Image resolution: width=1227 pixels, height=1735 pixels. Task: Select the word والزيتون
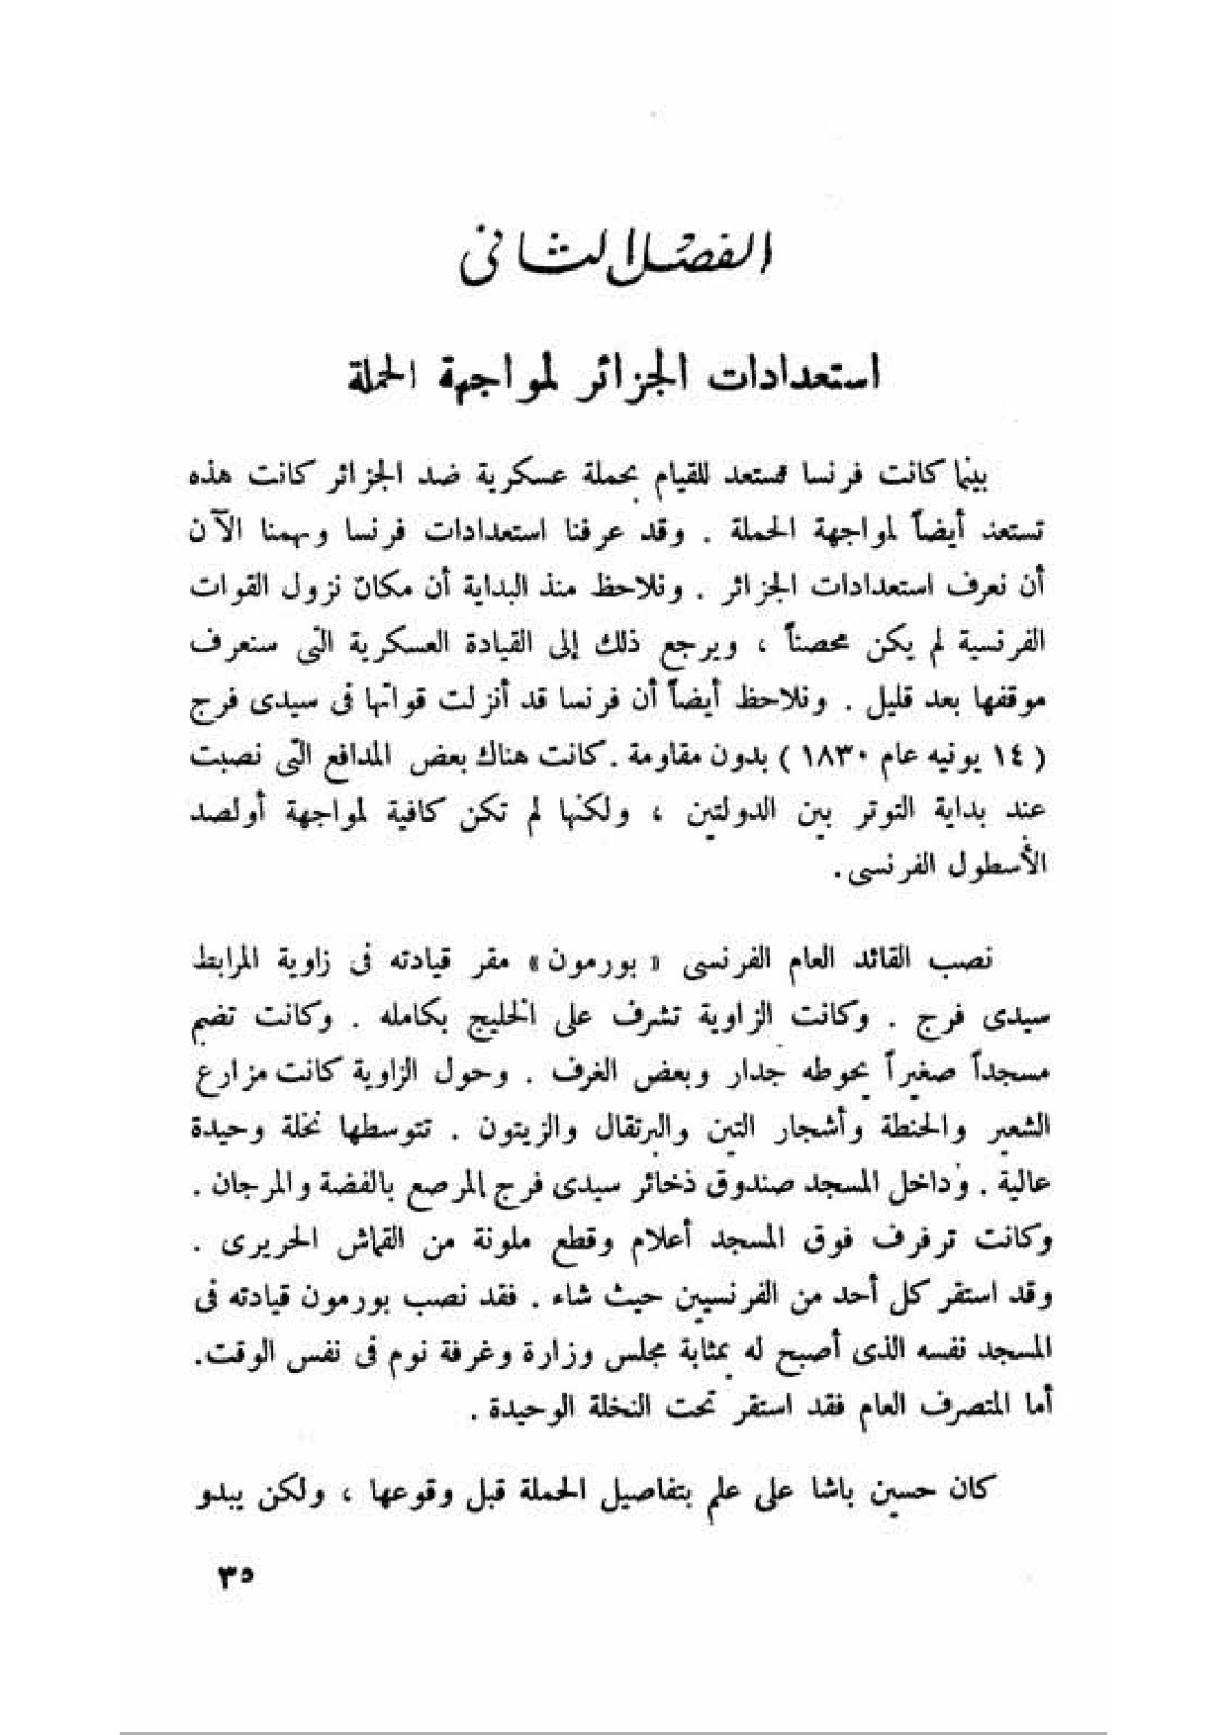pos(508,1128)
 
